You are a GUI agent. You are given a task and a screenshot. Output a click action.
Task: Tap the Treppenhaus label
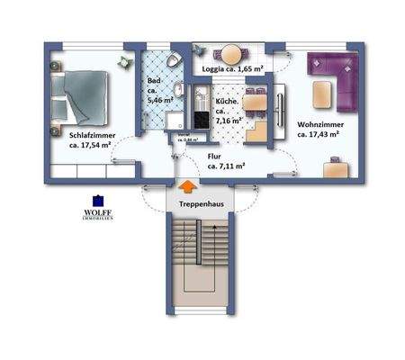pos(187,204)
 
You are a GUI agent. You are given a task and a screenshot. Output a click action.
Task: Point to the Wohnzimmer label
pos(318,123)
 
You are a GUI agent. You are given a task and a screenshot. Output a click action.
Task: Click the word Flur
pos(215,156)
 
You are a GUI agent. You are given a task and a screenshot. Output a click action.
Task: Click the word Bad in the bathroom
pos(153,80)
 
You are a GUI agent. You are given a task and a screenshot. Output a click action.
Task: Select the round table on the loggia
pos(232,52)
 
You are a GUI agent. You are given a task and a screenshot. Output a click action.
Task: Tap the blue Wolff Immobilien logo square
pos(97,202)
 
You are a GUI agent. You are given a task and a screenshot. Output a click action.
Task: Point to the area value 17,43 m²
pos(318,134)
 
